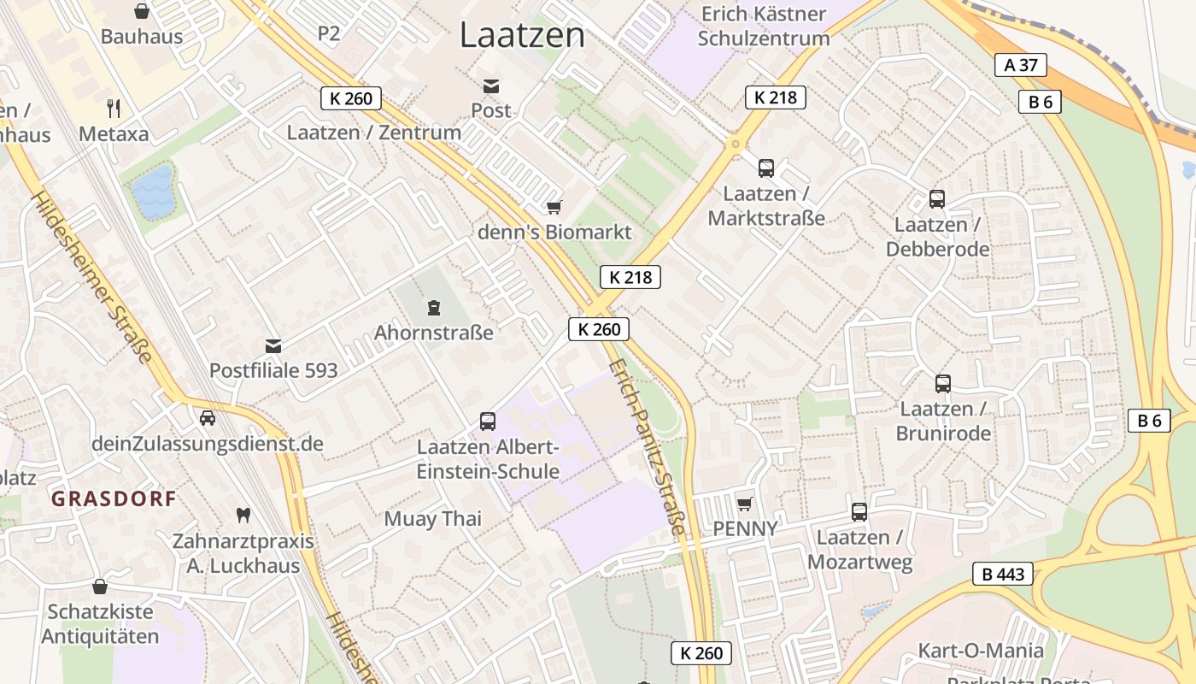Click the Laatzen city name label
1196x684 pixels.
[x=522, y=35]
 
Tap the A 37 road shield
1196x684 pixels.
[x=1020, y=65]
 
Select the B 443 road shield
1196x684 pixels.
[x=1003, y=574]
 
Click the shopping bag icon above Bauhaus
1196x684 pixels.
[x=142, y=11]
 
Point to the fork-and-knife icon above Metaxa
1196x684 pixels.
[x=114, y=108]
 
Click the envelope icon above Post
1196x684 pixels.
[x=491, y=85]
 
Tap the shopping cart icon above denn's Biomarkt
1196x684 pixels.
[x=554, y=207]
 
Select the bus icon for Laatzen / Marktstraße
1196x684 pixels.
[x=766, y=168]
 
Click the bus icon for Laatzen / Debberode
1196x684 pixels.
[x=937, y=199]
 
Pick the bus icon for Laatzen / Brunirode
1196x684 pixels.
[x=943, y=384]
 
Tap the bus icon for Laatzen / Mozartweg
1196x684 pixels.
[x=859, y=512]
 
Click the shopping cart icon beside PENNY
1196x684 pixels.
[x=745, y=504]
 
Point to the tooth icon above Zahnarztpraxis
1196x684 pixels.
[x=243, y=516]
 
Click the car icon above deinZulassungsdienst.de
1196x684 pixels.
[x=207, y=418]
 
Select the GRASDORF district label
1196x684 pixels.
[x=114, y=498]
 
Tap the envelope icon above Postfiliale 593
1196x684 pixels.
[x=273, y=346]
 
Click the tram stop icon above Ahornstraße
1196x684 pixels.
[x=434, y=307]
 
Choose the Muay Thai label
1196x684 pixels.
[x=433, y=519]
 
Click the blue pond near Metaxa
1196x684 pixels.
[x=155, y=191]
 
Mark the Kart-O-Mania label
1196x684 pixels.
[x=981, y=651]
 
